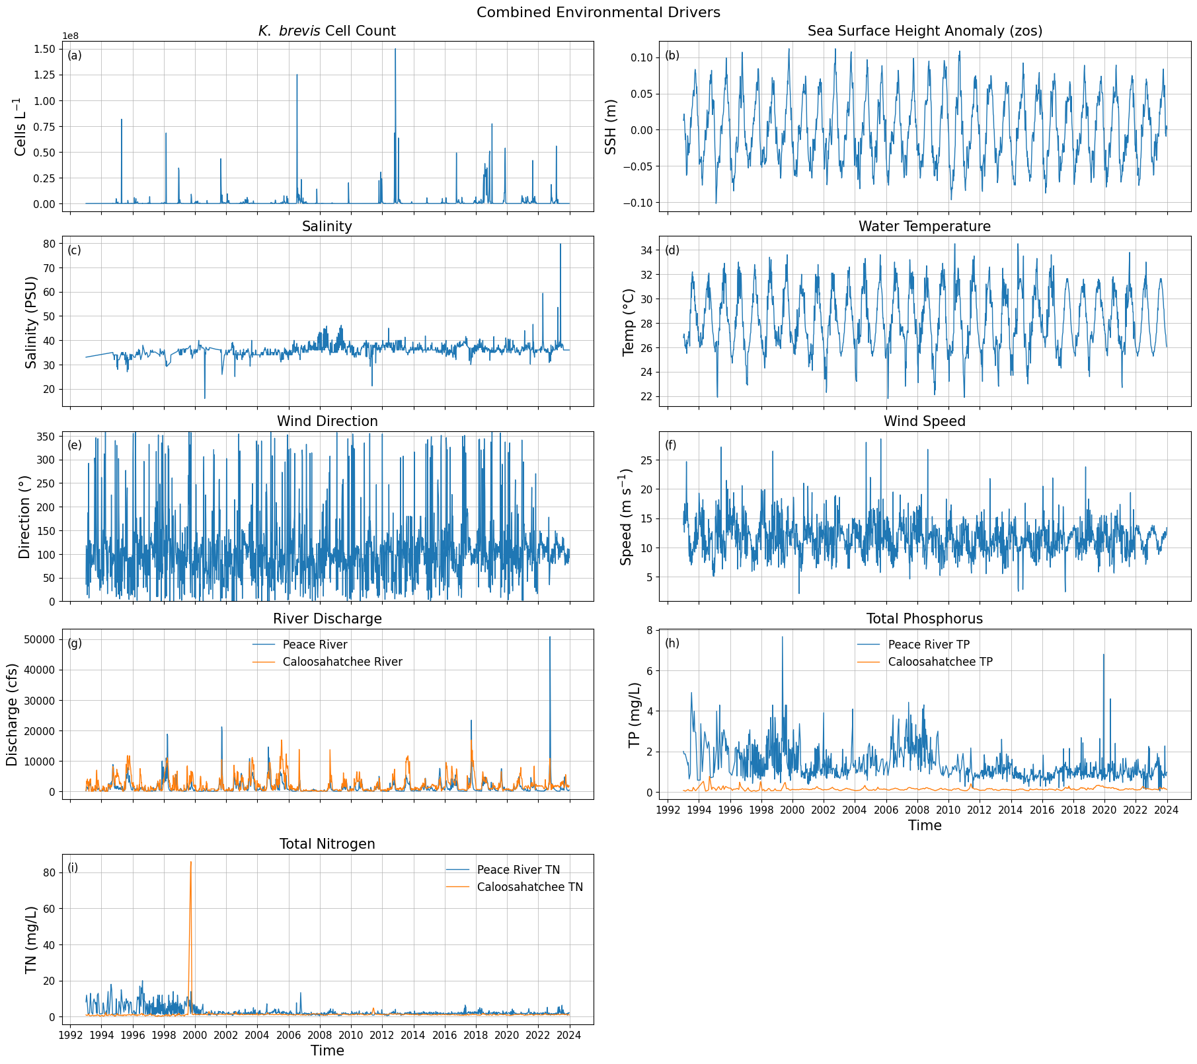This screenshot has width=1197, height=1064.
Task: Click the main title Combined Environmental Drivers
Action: click(598, 13)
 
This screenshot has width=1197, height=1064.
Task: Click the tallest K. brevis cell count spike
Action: click(395, 50)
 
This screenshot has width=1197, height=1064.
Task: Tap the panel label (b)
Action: click(672, 55)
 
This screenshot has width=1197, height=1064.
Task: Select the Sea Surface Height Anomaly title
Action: click(925, 31)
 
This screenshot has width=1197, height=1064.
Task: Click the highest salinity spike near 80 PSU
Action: click(560, 245)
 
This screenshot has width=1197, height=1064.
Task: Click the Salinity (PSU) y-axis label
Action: click(31, 322)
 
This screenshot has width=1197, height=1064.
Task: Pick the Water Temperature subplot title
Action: click(924, 227)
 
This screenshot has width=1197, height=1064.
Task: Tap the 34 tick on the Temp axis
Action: click(646, 250)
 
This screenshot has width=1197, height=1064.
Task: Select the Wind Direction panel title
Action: click(327, 421)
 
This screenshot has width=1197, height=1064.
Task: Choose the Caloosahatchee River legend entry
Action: click(342, 662)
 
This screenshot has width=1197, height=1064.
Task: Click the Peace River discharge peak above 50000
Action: click(550, 638)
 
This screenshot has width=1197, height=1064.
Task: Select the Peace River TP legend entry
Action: click(928, 645)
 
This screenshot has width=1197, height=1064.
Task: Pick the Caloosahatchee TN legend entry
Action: click(529, 887)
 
